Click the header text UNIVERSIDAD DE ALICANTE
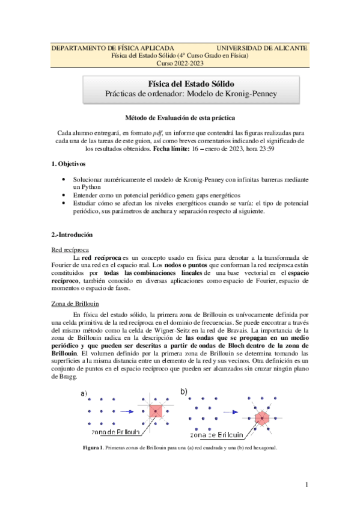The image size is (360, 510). point(261,48)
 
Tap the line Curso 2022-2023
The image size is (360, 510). point(180,63)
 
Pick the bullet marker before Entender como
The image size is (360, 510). point(64,195)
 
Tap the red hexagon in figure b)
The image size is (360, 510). point(262,417)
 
